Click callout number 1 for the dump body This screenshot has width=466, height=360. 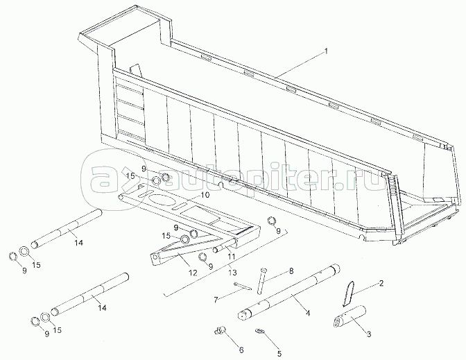(326, 51)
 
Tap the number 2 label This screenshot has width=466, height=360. (381, 283)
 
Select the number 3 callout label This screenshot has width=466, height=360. (369, 334)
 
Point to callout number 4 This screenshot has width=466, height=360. (308, 313)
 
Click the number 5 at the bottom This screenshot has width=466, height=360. (279, 354)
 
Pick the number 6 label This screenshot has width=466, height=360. (241, 350)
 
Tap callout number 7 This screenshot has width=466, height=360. (216, 300)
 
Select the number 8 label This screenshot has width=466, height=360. (291, 271)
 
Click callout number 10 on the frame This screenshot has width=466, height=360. (205, 195)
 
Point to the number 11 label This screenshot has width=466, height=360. (231, 256)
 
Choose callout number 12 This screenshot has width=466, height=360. (193, 273)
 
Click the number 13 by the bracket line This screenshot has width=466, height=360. (233, 273)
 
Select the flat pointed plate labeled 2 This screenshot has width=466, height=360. (348, 293)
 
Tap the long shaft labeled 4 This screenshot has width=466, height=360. (289, 291)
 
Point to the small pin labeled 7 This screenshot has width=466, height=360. (243, 286)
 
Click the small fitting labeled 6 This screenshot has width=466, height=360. (220, 330)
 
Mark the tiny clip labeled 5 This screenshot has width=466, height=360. (260, 332)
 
